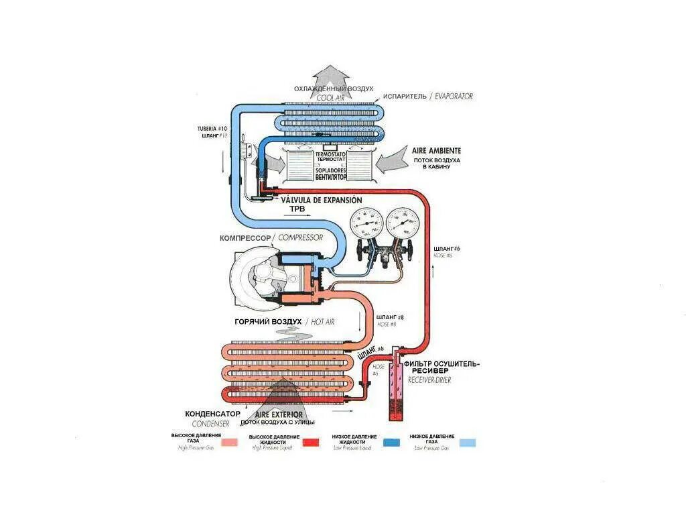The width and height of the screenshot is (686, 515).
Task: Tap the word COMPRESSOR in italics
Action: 301,238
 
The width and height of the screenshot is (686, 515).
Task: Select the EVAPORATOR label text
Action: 454,97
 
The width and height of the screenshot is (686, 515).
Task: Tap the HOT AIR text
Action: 324,322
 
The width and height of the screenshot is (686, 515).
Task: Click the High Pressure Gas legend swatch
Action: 230,442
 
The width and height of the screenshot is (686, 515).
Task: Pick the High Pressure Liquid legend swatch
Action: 310,442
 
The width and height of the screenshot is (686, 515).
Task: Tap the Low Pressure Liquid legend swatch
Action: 391,442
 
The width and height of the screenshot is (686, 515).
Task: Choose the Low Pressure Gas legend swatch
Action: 467,442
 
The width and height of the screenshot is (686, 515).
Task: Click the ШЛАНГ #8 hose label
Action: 391,317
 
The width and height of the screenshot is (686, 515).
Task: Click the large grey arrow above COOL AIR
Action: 333,74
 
